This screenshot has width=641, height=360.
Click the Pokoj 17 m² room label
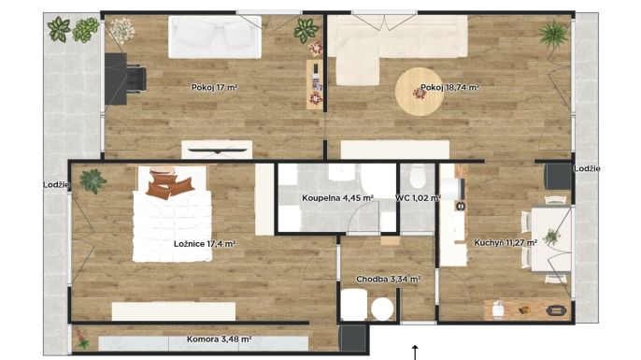click(215, 87)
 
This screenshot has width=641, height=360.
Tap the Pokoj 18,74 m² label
click(449, 87)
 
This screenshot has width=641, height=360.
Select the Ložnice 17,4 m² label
click(205, 244)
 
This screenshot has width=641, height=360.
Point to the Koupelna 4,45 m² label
click(337, 198)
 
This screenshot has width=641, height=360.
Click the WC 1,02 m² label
click(418, 198)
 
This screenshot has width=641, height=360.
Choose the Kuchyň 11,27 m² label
click(506, 242)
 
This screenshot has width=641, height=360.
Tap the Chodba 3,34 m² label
click(389, 280)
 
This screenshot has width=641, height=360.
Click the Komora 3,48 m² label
click(219, 339)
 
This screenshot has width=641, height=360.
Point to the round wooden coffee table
click(419, 92)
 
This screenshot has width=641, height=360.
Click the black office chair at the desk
click(135, 79)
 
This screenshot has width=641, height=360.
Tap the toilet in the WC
click(418, 176)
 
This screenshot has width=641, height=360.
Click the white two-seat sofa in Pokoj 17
click(215, 36)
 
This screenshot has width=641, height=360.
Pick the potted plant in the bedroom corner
click(93, 181)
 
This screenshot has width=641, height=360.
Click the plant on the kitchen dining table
click(551, 237)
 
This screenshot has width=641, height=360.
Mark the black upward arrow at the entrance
click(415, 353)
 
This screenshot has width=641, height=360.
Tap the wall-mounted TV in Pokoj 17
click(217, 151)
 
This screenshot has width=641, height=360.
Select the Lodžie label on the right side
click(587, 168)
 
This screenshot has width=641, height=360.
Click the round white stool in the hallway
click(382, 309)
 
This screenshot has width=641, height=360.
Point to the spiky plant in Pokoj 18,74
click(553, 35)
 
